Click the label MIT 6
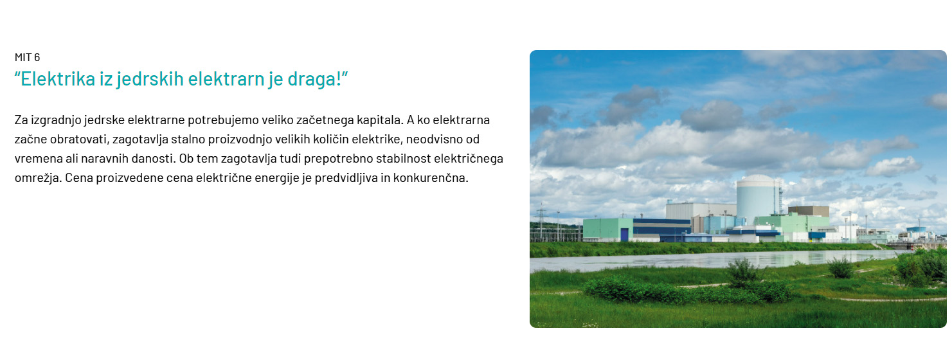[x=27, y=57]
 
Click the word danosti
[x=153, y=159]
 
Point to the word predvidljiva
[x=346, y=178]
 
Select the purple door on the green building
[x=624, y=235]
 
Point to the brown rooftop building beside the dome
[x=809, y=212]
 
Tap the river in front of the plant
[x=714, y=259]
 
